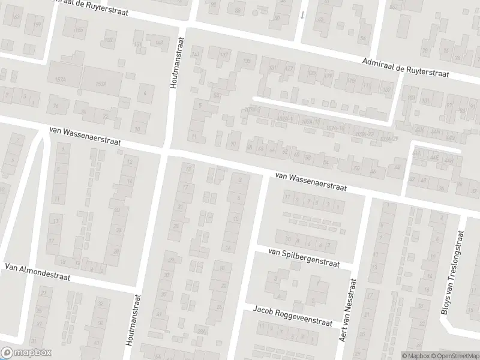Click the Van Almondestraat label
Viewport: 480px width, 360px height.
click(37, 272)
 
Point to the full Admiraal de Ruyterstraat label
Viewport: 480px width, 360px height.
click(414, 67)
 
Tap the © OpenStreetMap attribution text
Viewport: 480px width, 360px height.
click(454, 356)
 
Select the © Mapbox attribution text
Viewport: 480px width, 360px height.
click(415, 356)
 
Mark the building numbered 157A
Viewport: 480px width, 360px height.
click(59, 80)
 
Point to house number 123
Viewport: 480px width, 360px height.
click(311, 73)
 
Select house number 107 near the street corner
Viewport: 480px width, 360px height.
click(387, 89)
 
